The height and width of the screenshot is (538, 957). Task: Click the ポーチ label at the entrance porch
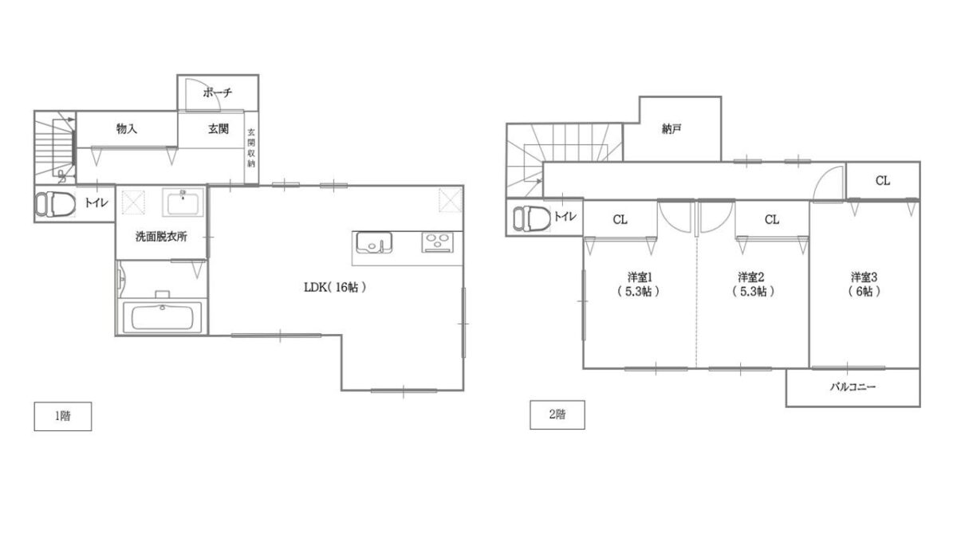(218, 92)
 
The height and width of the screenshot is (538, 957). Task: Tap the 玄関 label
(219, 128)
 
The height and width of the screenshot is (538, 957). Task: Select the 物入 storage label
(127, 128)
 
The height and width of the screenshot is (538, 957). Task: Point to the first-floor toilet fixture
(55, 204)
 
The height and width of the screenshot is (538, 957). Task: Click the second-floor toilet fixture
(531, 218)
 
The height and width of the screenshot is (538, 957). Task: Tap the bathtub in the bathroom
(162, 317)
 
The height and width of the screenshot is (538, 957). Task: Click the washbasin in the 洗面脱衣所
(183, 202)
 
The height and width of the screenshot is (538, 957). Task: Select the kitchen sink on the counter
(374, 242)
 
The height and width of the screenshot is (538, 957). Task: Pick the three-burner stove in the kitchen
(438, 242)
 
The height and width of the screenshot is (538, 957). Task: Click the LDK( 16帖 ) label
(335, 288)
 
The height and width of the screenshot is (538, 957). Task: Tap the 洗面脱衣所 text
(161, 237)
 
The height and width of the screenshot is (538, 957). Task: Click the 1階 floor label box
(63, 416)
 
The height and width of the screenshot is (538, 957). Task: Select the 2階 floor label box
(557, 414)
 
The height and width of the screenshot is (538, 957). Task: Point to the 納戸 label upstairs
(671, 129)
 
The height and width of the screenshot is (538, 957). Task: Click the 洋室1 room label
(640, 277)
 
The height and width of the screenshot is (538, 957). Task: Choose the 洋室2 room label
(750, 277)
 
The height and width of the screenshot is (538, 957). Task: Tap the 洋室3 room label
(864, 277)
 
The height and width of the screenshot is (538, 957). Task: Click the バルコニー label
(853, 387)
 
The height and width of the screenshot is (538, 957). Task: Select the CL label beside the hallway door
(883, 181)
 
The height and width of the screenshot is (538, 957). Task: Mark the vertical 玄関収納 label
(251, 147)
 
